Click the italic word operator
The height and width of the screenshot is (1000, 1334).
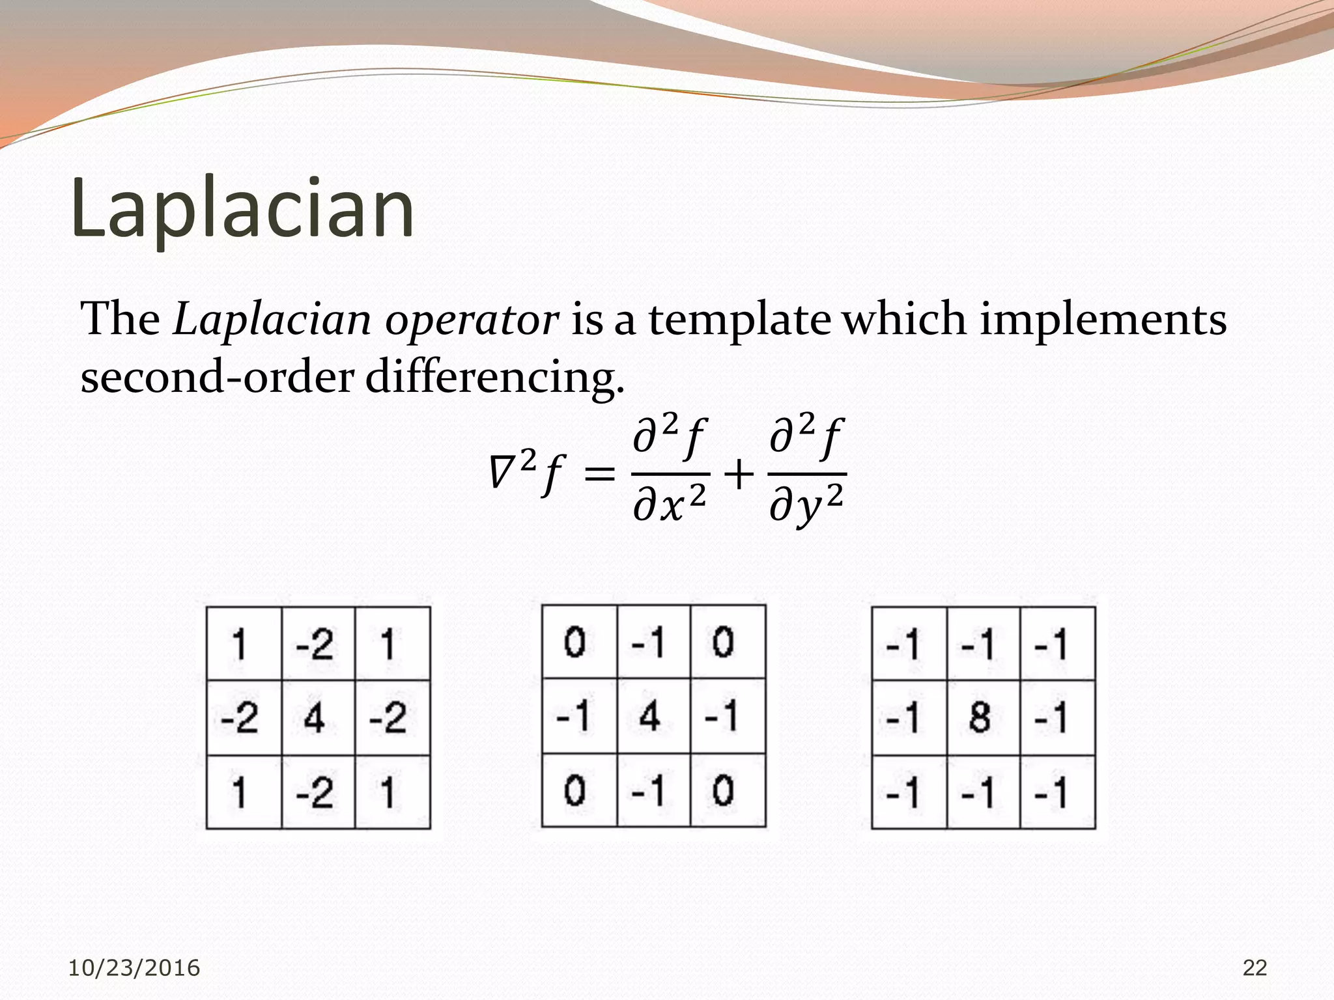pyautogui.click(x=472, y=320)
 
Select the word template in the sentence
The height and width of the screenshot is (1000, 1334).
pyautogui.click(x=739, y=320)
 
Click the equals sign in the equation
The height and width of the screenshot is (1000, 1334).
pyautogui.click(x=599, y=474)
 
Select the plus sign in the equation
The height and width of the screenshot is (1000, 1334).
pyautogui.click(x=739, y=474)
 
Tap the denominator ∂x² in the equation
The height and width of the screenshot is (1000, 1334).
pyautogui.click(x=670, y=505)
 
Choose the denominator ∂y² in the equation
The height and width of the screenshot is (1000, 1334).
pyautogui.click(x=806, y=505)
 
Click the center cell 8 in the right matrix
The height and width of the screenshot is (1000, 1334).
pyautogui.click(x=980, y=717)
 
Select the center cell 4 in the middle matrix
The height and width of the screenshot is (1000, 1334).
pyautogui.click(x=649, y=715)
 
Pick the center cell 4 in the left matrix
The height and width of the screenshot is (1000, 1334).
pyautogui.click(x=315, y=718)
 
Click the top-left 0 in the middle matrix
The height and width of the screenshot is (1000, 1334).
pyautogui.click(x=575, y=642)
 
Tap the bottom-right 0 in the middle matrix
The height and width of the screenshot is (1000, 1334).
pyautogui.click(x=723, y=791)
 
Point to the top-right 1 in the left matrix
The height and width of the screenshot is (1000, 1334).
pyautogui.click(x=388, y=645)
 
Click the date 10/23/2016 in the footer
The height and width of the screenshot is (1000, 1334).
pyautogui.click(x=134, y=968)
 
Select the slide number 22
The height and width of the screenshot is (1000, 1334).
pyautogui.click(x=1255, y=968)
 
